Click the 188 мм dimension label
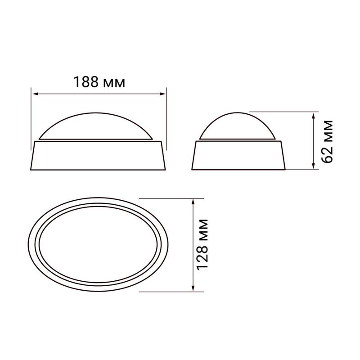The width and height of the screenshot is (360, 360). (x=99, y=82)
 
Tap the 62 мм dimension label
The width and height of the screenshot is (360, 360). (x=327, y=141)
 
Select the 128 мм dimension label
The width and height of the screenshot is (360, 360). (x=202, y=244)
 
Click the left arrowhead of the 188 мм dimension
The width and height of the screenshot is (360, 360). (x=36, y=94)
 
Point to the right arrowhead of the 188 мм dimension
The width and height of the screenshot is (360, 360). (x=162, y=94)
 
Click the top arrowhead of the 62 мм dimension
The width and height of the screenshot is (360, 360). (x=313, y=116)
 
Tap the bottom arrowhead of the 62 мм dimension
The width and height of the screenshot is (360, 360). (x=313, y=166)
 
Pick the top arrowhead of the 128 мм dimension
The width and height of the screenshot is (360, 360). (x=193, y=202)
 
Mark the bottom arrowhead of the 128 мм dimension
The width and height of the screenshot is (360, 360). (x=193, y=288)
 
